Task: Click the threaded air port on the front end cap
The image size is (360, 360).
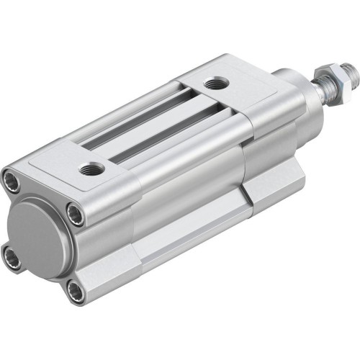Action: tap(213, 85)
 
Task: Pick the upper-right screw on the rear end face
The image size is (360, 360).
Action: tap(75, 213)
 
